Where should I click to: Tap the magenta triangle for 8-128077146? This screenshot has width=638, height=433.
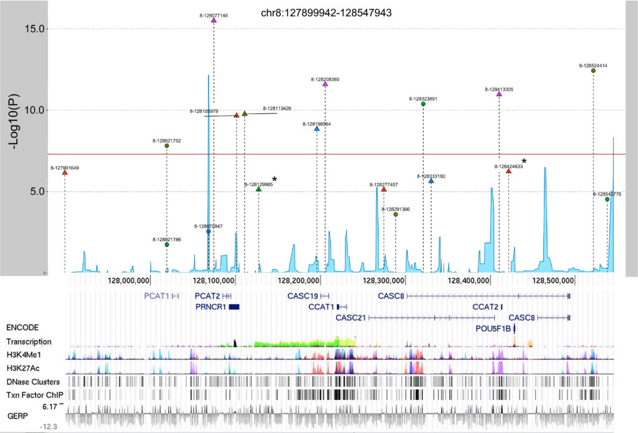tap(214, 21)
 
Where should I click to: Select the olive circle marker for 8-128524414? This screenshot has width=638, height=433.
tap(593, 71)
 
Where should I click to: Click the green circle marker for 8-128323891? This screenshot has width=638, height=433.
tap(423, 104)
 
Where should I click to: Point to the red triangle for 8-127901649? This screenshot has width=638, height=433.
tap(65, 173)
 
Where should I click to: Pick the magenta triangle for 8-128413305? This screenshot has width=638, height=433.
tap(499, 94)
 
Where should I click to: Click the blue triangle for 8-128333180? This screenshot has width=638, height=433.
tap(431, 181)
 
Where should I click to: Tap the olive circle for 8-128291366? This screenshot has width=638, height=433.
tap(396, 214)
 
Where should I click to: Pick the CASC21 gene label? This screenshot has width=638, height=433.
tap(351, 317)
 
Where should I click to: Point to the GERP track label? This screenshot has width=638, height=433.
tap(18, 414)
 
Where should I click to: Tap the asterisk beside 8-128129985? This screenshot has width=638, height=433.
tap(274, 179)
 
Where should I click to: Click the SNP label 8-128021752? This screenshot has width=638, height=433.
tap(166, 141)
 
